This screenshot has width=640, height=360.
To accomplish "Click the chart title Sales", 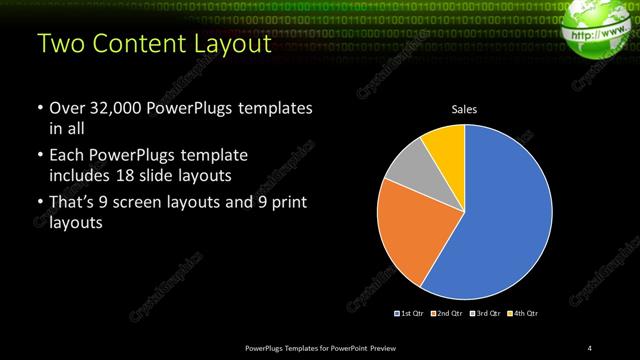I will coord(465,107).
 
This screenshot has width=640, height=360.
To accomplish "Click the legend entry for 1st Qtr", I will coord(410,314).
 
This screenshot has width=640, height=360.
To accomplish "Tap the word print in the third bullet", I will coord(290,203).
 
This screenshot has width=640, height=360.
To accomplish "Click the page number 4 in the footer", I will coord(590,347).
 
